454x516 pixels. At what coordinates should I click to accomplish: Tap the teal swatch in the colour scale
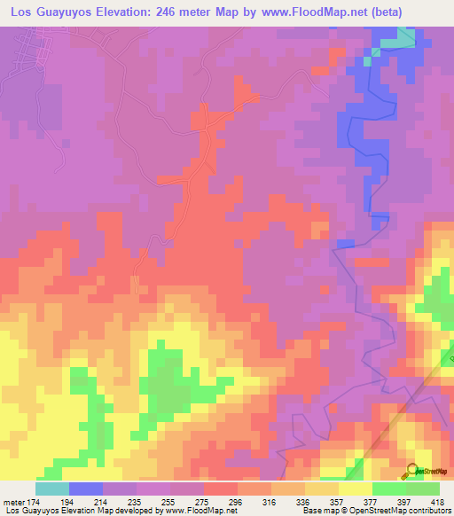pyautogui.click(x=52, y=489)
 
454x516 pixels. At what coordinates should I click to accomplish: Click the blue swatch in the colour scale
pyautogui.click(x=86, y=489)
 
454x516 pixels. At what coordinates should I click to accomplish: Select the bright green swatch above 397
pyautogui.click(x=388, y=489)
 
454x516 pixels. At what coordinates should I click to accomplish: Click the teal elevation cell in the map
pyautogui.click(x=403, y=36)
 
